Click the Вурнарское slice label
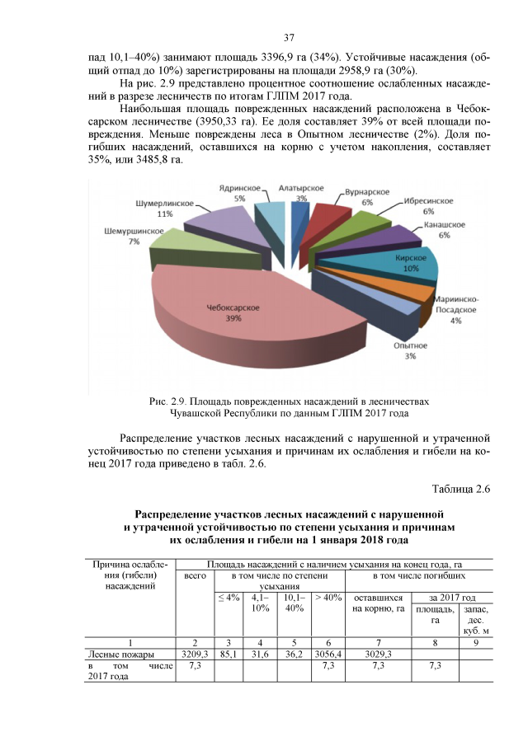tap(367, 192)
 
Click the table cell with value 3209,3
tap(195, 654)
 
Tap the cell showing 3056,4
tap(328, 654)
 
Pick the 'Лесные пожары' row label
tap(115, 654)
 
